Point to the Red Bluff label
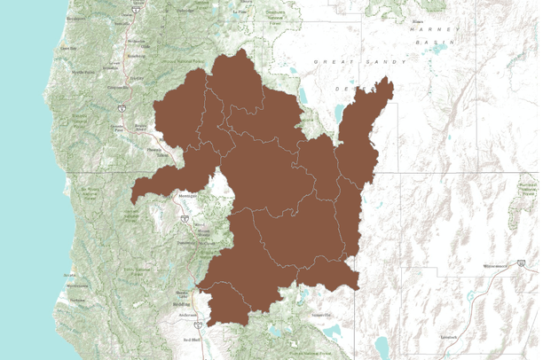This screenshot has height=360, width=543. [x=191, y=340]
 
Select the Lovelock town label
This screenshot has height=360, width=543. [x=445, y=337]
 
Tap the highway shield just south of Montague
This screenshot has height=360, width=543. [x=184, y=215]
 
